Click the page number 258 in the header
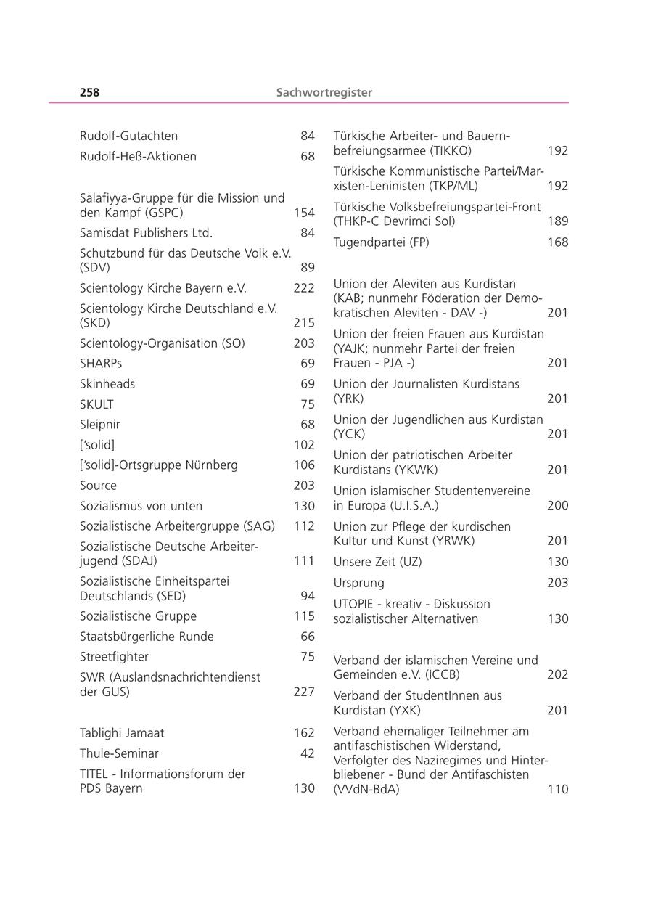pos(89,92)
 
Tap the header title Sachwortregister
pos(324,92)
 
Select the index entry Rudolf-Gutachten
pos(128,136)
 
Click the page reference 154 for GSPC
pos(304,213)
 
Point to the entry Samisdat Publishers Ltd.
pos(146,233)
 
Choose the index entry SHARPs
pos(101,364)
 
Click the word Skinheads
pos(107,384)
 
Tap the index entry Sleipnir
pos(100,425)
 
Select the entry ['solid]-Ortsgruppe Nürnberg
pos(158,465)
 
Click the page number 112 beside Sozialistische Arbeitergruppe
pos(304,526)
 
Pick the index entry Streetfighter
pos(114,657)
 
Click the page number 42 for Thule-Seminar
pos(308,753)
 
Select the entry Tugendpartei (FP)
pos(381,242)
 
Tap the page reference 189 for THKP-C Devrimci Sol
pos(558,221)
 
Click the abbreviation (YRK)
pos(348,398)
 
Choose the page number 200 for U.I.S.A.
pos(558,505)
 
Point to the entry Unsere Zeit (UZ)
pos(377,562)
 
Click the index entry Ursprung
pos(359,583)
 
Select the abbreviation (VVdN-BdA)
pos(366,789)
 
